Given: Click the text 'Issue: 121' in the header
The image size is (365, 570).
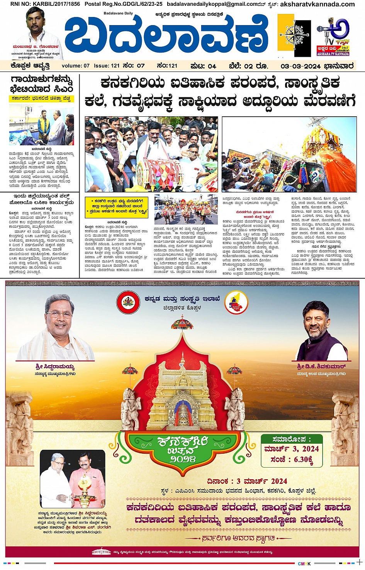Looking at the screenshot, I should point(107,66).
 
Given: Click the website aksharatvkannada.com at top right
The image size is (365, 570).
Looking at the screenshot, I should point(317,4).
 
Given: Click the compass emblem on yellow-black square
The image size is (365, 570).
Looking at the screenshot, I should point(294,35).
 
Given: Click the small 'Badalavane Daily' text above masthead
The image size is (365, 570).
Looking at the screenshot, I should point(118,14).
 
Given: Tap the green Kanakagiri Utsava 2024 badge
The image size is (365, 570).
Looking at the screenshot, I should point(183,451).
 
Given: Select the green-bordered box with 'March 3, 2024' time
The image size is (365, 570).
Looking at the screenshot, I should point(291,450).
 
